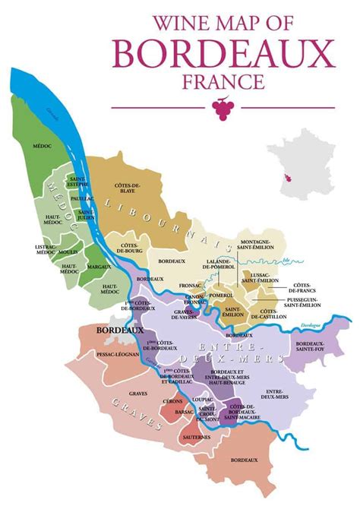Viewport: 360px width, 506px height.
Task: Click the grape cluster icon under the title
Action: pos(223,109)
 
